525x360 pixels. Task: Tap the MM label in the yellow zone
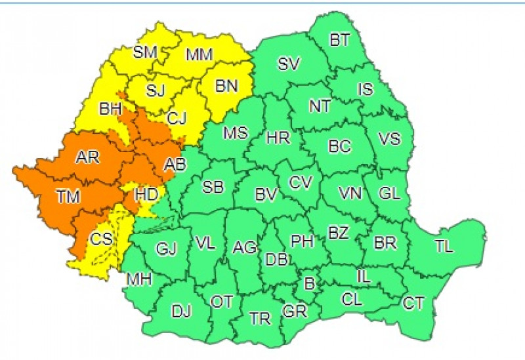pyautogui.click(x=199, y=55)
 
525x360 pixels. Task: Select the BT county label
pyautogui.click(x=339, y=41)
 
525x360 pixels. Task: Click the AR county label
pyautogui.click(x=87, y=158)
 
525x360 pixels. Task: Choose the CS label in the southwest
pyautogui.click(x=101, y=239)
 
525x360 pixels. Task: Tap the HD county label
pyautogui.click(x=145, y=195)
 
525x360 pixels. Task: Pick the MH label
pyautogui.click(x=140, y=280)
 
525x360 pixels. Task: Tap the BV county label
pyautogui.click(x=266, y=195)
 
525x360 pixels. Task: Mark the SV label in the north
pyautogui.click(x=289, y=64)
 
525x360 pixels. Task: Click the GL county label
pyautogui.click(x=389, y=194)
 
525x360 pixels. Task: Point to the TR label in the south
pyautogui.click(x=260, y=319)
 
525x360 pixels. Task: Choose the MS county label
pyautogui.click(x=236, y=134)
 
